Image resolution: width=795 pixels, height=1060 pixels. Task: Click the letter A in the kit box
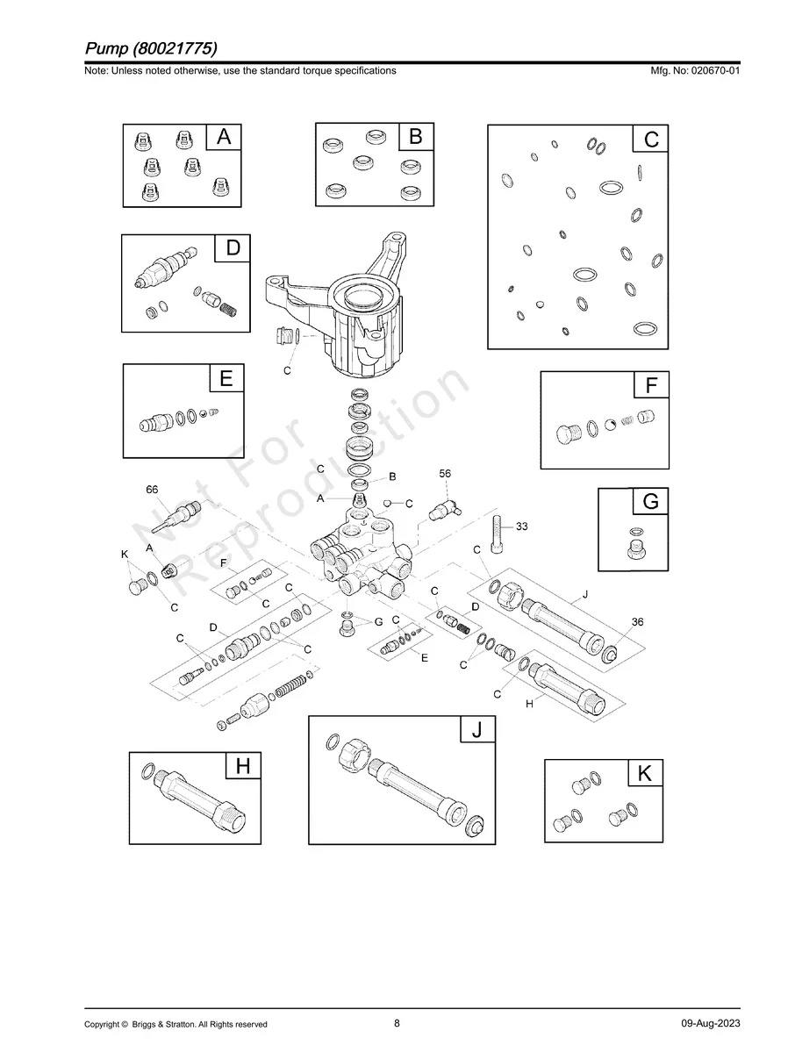pos(224,137)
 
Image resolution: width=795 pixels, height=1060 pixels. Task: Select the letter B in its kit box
pos(416,137)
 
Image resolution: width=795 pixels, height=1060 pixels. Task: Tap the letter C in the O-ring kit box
pos(651,140)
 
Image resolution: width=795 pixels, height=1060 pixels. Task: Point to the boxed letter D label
pos(233,248)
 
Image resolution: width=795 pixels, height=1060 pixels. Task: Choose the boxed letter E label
pos(226,379)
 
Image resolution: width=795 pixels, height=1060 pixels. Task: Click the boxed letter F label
pos(651,385)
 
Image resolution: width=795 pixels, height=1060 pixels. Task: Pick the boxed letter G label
pos(650,502)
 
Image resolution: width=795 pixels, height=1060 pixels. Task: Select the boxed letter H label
pos(243,766)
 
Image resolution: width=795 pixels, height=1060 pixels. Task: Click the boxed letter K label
pos(645,774)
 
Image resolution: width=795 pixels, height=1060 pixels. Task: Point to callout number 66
pos(153,489)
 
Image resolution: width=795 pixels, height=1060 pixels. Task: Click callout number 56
pos(445,474)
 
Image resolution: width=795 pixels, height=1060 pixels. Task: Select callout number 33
pos(522,526)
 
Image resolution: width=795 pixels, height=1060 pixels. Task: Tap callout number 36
pos(637,621)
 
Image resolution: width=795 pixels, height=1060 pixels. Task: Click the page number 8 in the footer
pos(397,1022)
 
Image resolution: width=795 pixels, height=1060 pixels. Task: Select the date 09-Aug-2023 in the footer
pos(710,1024)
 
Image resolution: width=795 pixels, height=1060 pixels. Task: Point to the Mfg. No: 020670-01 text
pos(693,70)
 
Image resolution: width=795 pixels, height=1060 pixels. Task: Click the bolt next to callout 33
pos(497,532)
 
